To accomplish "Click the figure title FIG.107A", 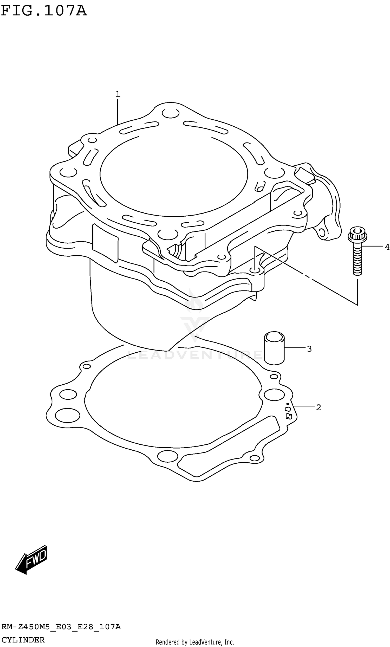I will click(x=44, y=11).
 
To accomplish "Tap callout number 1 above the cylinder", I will click(x=118, y=94).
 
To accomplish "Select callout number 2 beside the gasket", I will click(x=318, y=407).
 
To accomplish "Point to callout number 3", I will click(x=309, y=349).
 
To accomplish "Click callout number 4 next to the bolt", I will click(x=387, y=247).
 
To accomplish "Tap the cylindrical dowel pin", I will click(x=274, y=348).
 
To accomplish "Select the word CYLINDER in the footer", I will click(x=23, y=640).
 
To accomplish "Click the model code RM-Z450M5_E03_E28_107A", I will click(x=61, y=627).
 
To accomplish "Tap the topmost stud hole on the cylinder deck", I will click(x=170, y=113).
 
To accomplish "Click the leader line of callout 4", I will click(x=373, y=246).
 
